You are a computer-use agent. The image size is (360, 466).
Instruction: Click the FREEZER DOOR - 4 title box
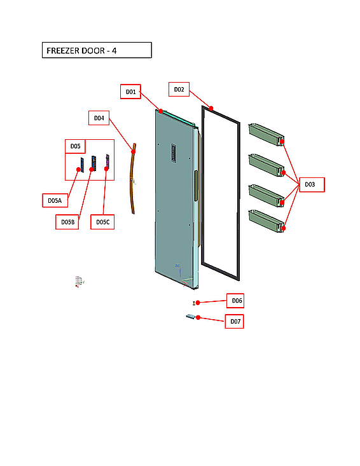click(x=97, y=50)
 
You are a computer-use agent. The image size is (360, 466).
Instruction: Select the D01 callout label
click(x=130, y=92)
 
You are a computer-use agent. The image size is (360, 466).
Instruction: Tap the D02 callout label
click(x=179, y=90)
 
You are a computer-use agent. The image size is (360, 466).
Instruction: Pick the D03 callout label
click(x=310, y=184)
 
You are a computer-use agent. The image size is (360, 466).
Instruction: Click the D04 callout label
click(x=99, y=118)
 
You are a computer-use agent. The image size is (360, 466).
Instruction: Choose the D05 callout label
click(x=75, y=146)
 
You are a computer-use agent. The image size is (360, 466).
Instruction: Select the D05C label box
click(x=102, y=222)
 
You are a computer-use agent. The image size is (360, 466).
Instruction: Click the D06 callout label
click(x=236, y=300)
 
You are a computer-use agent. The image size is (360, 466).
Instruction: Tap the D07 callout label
click(x=235, y=322)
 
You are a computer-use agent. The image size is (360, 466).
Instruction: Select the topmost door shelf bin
click(x=265, y=132)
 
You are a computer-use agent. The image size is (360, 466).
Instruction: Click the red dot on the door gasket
click(x=211, y=108)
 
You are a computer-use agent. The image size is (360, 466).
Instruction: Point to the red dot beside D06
click(x=198, y=302)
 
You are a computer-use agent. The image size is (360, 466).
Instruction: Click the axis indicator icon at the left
click(x=79, y=282)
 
